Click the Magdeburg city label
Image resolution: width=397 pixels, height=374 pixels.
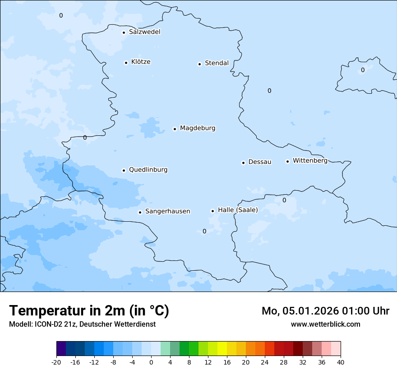point(198,128)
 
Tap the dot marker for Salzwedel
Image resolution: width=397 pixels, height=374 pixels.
point(124,32)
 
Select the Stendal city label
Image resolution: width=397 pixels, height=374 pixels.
point(217,63)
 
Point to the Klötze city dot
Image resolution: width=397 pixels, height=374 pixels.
point(126,63)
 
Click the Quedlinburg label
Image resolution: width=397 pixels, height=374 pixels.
point(148,170)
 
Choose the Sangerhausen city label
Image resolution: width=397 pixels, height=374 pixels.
point(167,211)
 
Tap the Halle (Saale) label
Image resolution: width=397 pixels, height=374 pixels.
point(238,210)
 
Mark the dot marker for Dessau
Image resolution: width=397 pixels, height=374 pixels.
point(243,163)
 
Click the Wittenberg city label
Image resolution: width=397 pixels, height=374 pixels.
point(310,161)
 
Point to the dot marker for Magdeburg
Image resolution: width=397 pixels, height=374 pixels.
point(175,129)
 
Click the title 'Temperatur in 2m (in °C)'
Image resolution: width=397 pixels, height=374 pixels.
point(89,311)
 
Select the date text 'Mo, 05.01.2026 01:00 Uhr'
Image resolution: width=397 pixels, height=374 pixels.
point(325,311)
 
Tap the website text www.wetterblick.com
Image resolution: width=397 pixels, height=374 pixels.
point(325,324)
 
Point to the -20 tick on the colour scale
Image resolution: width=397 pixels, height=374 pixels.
point(56,362)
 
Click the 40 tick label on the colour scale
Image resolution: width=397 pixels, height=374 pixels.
point(341,362)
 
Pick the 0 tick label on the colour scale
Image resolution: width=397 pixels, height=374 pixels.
point(151,362)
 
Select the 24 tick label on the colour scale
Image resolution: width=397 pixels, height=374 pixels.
point(265,362)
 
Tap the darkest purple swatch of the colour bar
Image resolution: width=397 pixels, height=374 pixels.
point(61,349)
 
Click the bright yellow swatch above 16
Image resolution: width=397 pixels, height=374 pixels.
point(222,349)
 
